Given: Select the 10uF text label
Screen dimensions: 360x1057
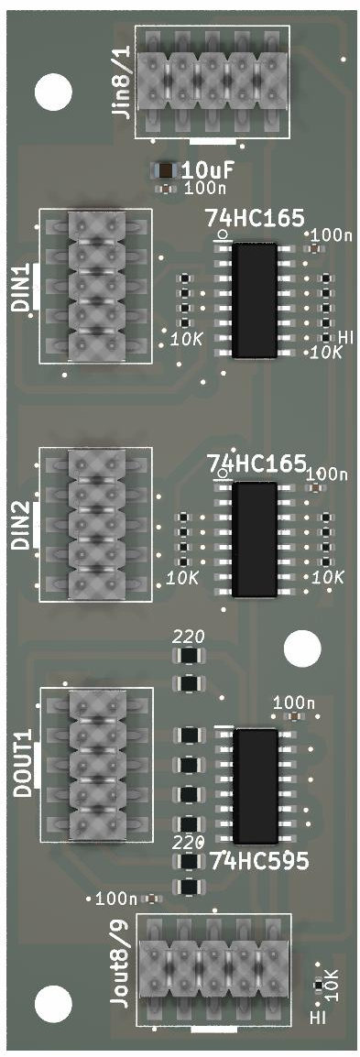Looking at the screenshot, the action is coord(202,169).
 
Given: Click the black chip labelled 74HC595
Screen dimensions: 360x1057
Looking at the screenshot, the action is coord(255,785).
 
